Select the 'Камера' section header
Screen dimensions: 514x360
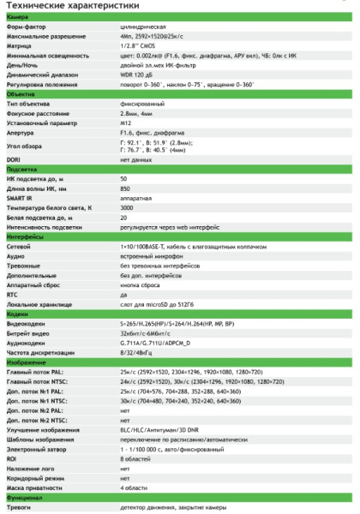click(x=18, y=17)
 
